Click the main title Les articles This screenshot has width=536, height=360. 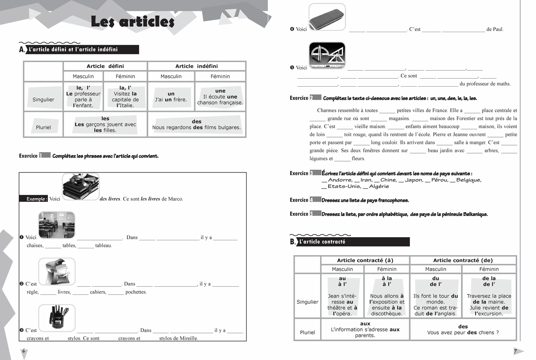pos(132,22)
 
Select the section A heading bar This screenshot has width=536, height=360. pos(83,50)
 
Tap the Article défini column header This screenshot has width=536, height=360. pos(105,66)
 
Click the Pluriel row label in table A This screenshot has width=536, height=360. pos(43,127)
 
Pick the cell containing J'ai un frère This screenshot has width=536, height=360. pos(171,97)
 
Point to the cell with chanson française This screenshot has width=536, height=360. pos(220,97)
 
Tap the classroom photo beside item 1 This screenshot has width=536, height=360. pos(57,225)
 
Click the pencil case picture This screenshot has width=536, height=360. pos(327,18)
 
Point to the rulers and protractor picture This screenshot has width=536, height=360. pos(327,55)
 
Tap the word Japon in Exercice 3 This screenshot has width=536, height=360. pos(413,180)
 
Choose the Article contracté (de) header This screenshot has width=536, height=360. pos(463,260)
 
